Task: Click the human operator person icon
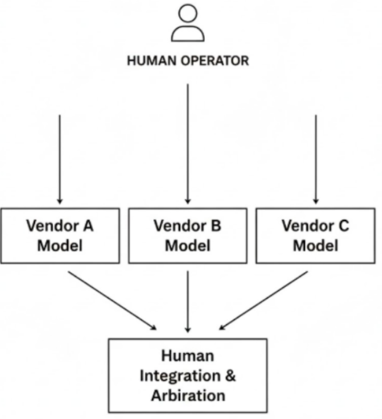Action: click(x=187, y=23)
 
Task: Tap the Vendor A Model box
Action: click(x=59, y=236)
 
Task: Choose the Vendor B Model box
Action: click(x=187, y=236)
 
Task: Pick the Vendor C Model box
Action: click(x=316, y=236)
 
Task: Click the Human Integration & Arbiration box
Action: click(x=187, y=375)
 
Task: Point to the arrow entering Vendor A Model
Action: click(x=59, y=159)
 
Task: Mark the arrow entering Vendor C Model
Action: click(x=316, y=159)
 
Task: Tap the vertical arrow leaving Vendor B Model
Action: click(x=187, y=301)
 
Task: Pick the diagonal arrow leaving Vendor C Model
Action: click(x=263, y=300)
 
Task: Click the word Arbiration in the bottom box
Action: click(x=187, y=395)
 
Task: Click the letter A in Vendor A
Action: click(x=88, y=226)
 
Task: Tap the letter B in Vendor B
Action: click(x=216, y=226)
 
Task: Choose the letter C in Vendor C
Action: click(x=343, y=226)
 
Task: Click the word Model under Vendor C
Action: click(x=316, y=246)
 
